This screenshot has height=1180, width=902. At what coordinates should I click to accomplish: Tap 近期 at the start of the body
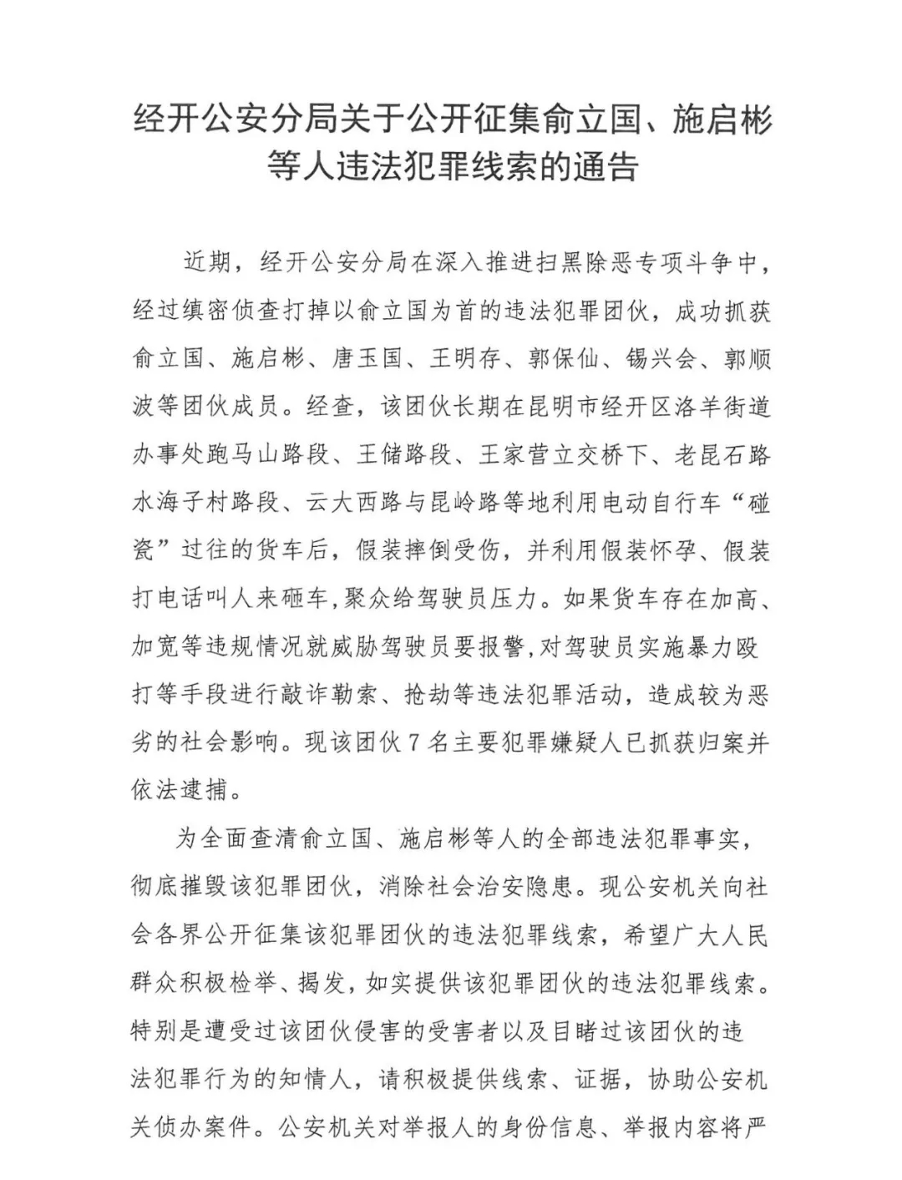[205, 262]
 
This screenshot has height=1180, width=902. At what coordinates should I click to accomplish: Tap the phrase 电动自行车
[672, 504]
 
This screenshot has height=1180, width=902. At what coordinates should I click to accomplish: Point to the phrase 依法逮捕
[179, 789]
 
